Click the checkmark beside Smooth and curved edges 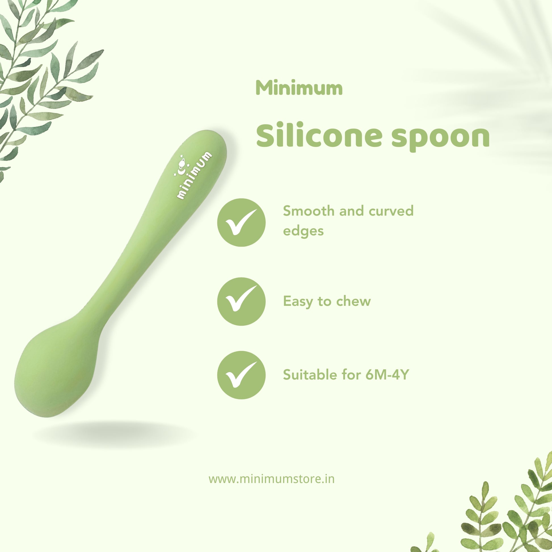(241, 223)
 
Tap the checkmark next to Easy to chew (241, 302)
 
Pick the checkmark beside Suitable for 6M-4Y (241, 375)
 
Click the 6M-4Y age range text (388, 375)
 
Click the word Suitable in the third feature (312, 375)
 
